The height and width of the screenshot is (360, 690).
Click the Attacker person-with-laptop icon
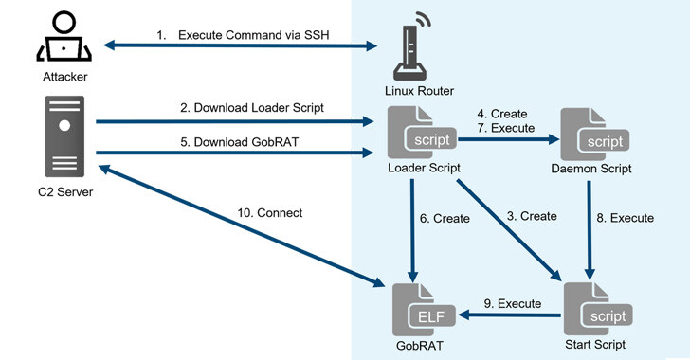click(64, 36)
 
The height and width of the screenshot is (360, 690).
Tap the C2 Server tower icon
click(64, 136)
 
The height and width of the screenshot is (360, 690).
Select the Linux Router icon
click(410, 46)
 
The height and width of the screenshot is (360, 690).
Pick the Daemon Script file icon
click(594, 135)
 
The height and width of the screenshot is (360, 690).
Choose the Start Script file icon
click(597, 309)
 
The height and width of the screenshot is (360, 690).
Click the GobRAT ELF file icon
click(424, 310)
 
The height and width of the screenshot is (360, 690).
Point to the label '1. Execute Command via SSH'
click(243, 35)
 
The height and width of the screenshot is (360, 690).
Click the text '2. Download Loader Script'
click(252, 108)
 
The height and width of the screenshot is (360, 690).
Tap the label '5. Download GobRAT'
click(240, 142)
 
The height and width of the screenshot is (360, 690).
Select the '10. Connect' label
click(270, 213)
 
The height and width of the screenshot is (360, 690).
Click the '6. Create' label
click(445, 219)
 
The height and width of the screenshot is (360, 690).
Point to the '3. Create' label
click(532, 217)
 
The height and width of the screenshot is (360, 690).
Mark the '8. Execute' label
click(625, 218)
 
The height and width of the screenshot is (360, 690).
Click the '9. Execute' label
click(512, 304)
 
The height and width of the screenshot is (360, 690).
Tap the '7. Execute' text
click(506, 128)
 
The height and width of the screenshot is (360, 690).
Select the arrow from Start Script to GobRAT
click(510, 315)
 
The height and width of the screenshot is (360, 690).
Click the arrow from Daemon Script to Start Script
click(590, 230)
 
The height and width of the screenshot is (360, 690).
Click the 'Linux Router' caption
click(419, 91)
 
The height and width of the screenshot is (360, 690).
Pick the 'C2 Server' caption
click(65, 192)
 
